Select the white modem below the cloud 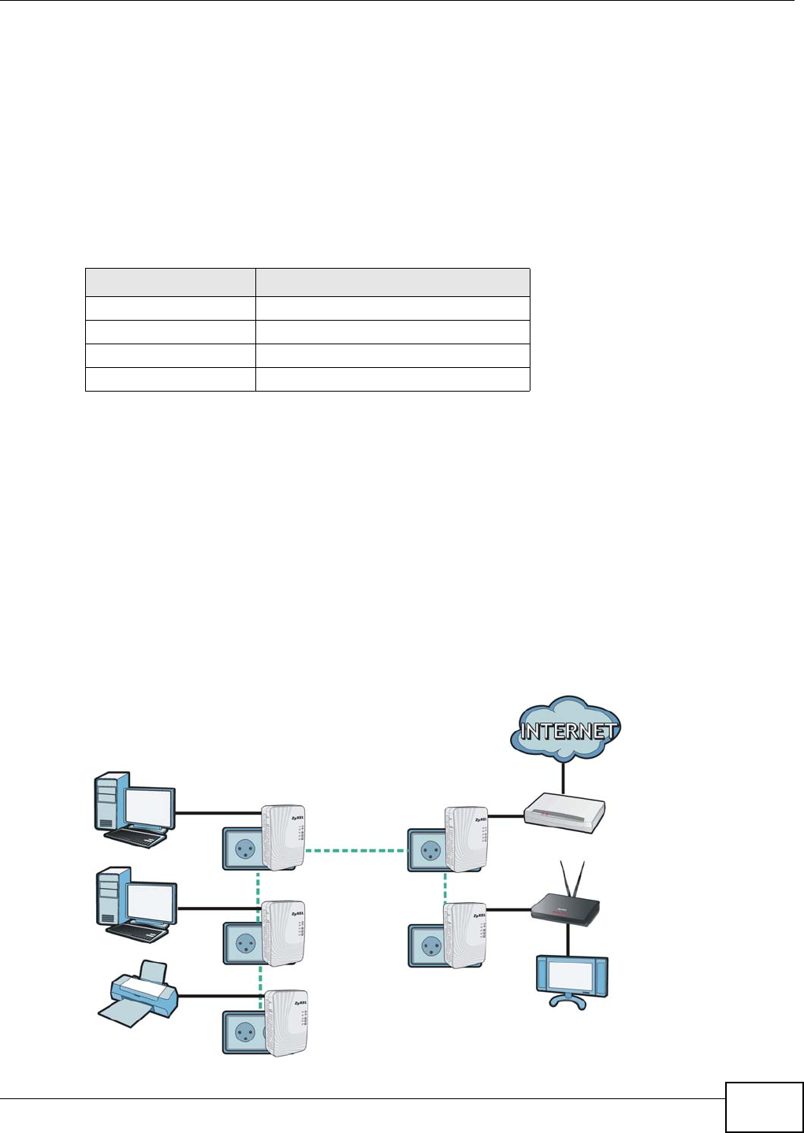(564, 813)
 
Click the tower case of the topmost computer (106, 803)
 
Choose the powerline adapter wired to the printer (285, 1021)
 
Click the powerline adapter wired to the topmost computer (284, 837)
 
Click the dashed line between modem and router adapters (445, 885)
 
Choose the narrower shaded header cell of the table (170, 283)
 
